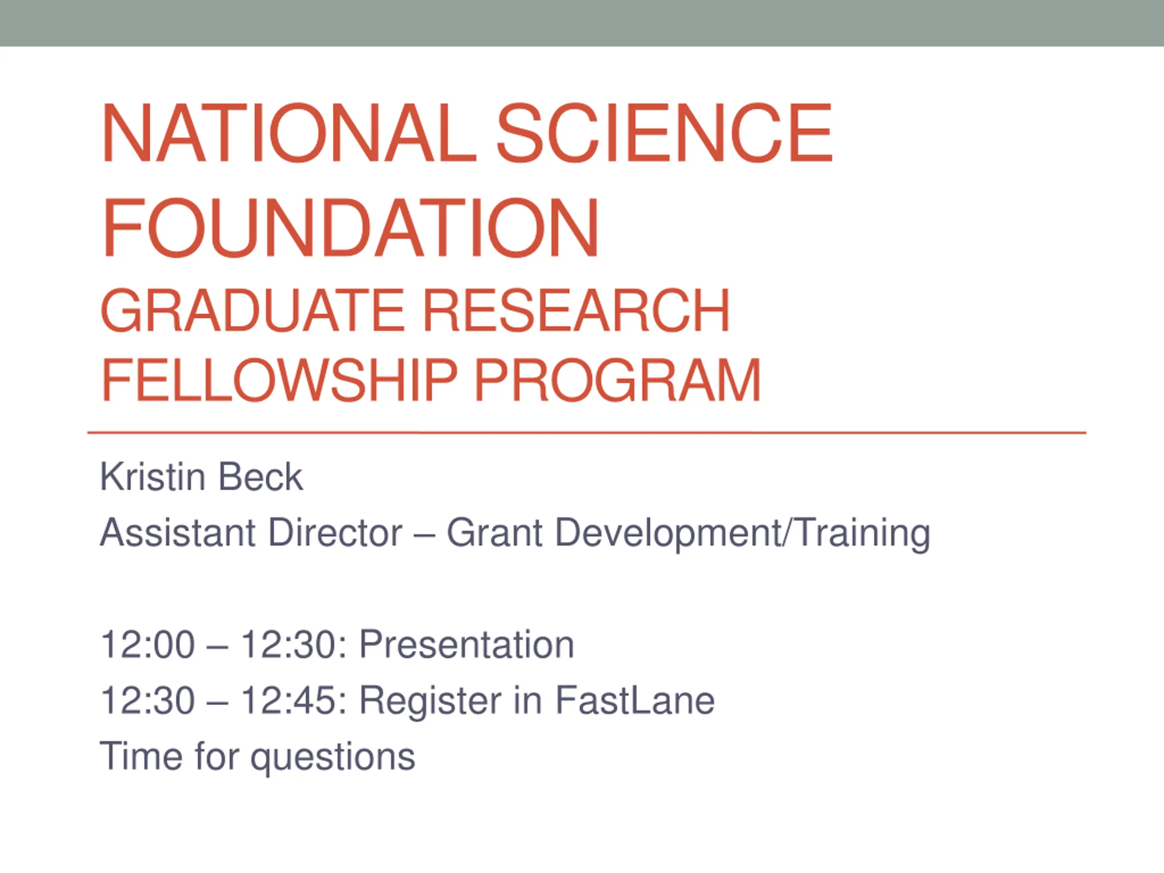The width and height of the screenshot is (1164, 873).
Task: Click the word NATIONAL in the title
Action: (x=289, y=133)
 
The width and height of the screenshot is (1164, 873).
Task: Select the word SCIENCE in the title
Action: (x=665, y=133)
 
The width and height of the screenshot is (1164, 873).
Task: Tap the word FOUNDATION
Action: (x=351, y=227)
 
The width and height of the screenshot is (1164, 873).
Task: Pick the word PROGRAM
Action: (x=618, y=380)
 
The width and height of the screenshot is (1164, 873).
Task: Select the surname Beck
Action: (x=261, y=477)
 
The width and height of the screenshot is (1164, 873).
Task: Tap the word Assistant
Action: (x=178, y=532)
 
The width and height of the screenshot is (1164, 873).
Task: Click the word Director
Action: (x=336, y=532)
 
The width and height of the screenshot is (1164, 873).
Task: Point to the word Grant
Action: (x=495, y=532)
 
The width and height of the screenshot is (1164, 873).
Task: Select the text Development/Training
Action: (x=743, y=534)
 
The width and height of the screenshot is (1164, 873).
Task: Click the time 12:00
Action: (x=148, y=645)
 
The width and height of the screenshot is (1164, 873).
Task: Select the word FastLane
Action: (x=635, y=701)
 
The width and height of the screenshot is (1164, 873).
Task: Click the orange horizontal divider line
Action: (x=587, y=433)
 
